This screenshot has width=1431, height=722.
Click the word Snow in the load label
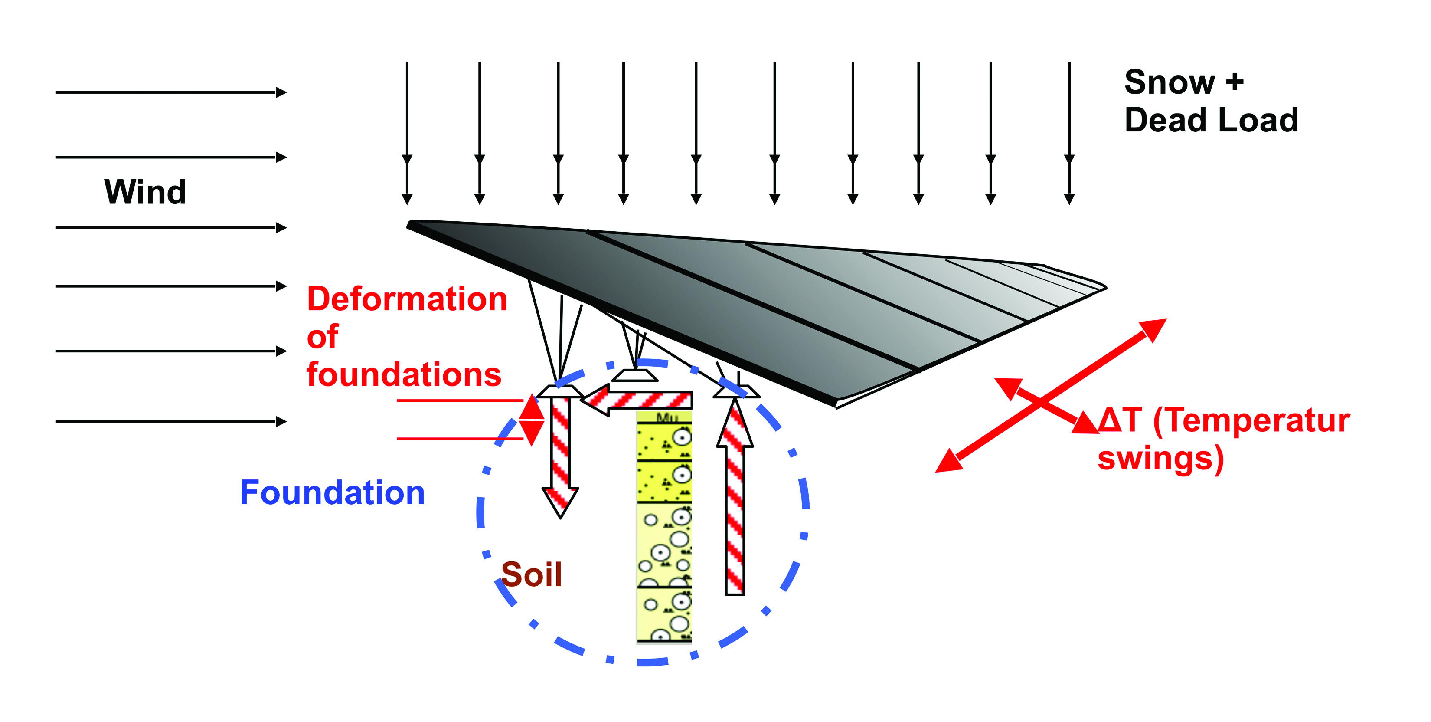coord(1170,82)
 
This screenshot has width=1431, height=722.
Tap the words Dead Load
coord(1211,121)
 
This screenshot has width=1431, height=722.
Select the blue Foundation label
coord(332,493)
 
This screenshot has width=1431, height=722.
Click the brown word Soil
coord(532,575)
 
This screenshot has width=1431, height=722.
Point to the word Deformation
coord(407,299)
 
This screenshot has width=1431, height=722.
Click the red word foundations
coord(404,374)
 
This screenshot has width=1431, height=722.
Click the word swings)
coord(1160,459)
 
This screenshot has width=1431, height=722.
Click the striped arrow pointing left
coord(639,400)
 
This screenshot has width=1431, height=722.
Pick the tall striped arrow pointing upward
coord(735,500)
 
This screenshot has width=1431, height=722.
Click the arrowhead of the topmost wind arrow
coord(281,92)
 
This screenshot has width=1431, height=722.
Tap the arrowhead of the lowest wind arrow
coord(281,422)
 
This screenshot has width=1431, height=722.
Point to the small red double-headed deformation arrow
coord(532,420)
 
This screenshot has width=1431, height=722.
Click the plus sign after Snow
coord(1235,82)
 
